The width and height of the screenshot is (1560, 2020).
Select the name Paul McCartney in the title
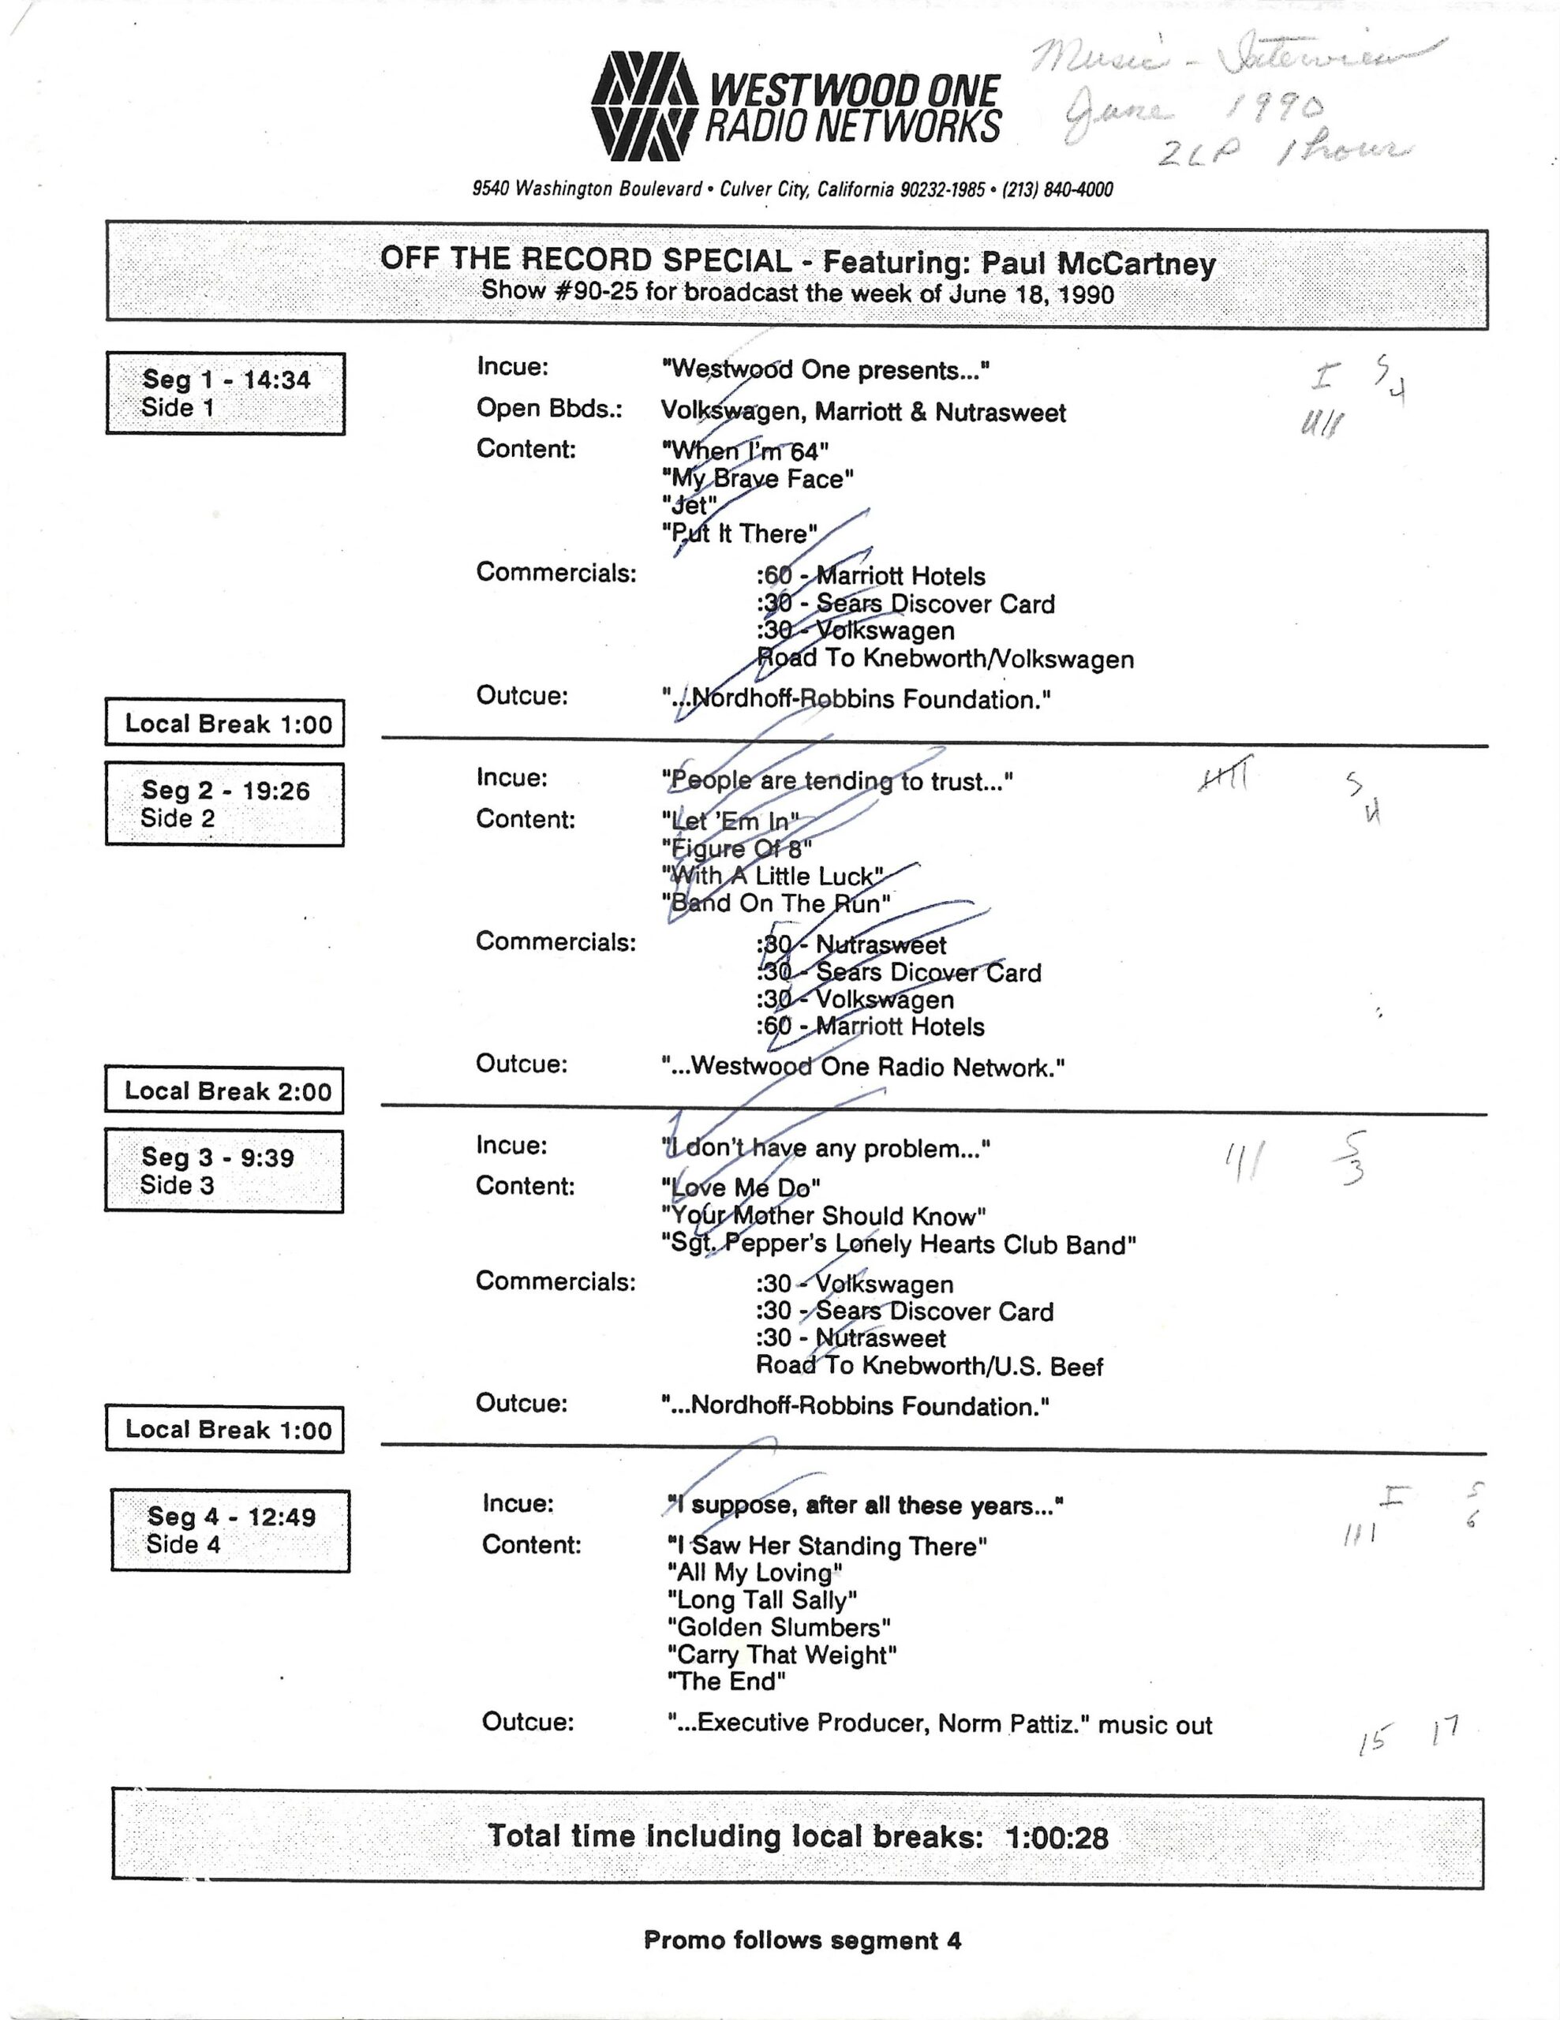(x=1098, y=264)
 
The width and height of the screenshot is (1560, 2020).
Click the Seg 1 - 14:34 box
(x=226, y=393)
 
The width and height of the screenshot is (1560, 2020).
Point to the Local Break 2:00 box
(x=225, y=1090)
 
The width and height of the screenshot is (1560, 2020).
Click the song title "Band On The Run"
(x=776, y=903)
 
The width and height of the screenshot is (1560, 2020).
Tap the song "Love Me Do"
(x=741, y=1188)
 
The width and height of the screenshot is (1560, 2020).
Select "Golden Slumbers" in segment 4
(x=779, y=1627)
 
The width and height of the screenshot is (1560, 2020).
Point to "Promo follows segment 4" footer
(x=802, y=1940)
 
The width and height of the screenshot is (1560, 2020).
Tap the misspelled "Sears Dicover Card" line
(x=899, y=972)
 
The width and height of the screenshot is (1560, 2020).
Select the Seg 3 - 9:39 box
(x=224, y=1170)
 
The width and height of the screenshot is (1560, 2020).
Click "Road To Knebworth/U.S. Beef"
(x=929, y=1365)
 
